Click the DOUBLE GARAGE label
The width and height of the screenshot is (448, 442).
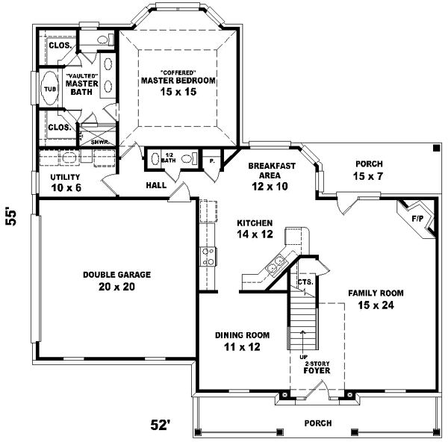click(116, 275)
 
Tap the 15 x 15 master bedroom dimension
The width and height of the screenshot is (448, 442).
click(178, 91)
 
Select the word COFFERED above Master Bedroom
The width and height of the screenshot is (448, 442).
click(178, 72)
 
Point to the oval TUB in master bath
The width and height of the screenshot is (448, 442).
click(50, 89)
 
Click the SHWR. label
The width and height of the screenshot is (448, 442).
click(100, 141)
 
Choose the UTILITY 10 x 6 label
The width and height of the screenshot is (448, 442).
click(66, 182)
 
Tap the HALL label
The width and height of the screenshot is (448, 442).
click(156, 185)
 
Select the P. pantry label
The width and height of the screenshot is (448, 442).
click(211, 160)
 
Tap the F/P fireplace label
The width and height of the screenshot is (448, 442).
click(417, 220)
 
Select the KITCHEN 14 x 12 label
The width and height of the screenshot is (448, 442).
click(255, 228)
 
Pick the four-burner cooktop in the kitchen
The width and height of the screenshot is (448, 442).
click(210, 257)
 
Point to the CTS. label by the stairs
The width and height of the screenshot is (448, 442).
click(305, 282)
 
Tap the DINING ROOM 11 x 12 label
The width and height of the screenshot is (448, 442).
click(242, 340)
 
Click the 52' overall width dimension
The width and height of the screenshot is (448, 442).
click(161, 426)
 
